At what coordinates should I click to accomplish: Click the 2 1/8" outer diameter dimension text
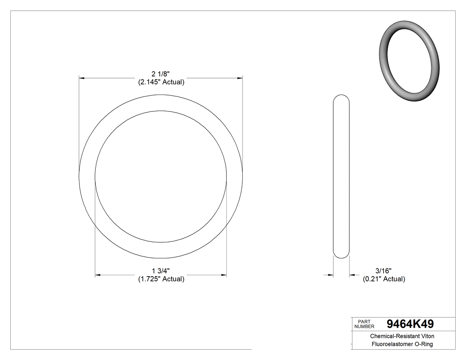[x=161, y=74]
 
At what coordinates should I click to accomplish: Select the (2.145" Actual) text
[x=161, y=82]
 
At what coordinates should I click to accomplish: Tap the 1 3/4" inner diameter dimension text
[x=161, y=271]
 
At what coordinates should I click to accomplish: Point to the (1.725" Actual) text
[x=161, y=279]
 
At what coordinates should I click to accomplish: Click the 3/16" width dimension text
[x=383, y=271]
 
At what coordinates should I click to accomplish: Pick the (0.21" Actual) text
[x=384, y=279]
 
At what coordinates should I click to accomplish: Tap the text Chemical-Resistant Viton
[x=402, y=336]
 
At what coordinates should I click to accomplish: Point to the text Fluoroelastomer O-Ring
[x=402, y=344]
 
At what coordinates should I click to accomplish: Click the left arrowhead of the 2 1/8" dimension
[x=82, y=78]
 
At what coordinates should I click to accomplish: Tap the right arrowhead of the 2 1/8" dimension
[x=240, y=78]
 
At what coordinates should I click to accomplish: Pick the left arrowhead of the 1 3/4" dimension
[x=98, y=275]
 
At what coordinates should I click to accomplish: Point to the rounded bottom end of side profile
[x=341, y=256]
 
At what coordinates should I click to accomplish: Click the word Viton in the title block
[x=427, y=336]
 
